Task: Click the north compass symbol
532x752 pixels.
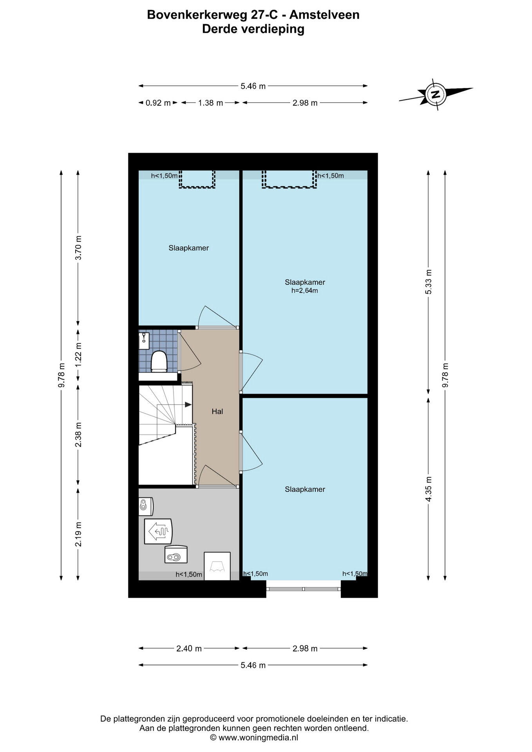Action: tap(435, 94)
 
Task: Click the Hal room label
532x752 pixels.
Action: tap(217, 412)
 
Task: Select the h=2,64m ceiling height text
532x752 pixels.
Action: tap(304, 291)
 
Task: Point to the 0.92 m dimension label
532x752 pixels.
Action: tap(158, 103)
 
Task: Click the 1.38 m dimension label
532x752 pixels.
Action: tap(210, 103)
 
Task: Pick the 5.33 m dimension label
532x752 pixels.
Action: tap(429, 282)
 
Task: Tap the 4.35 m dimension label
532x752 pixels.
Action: tap(429, 489)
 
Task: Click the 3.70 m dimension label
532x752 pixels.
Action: tap(78, 248)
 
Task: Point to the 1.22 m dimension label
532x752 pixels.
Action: tap(78, 355)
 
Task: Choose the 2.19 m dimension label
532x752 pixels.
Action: tap(78, 534)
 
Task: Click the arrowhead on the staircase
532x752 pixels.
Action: tap(188, 405)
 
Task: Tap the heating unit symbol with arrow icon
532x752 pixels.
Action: tap(158, 531)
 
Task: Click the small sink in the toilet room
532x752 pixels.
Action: tap(143, 338)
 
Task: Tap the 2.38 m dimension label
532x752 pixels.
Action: tap(78, 434)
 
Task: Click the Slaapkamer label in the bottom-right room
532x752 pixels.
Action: tap(305, 489)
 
